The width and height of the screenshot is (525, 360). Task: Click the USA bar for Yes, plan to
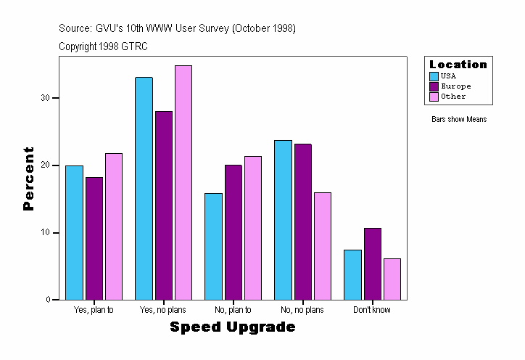(x=74, y=232)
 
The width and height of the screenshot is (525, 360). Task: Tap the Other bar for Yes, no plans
(x=183, y=182)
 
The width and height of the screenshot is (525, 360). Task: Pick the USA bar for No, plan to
(x=213, y=246)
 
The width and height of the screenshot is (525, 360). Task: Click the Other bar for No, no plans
(x=322, y=246)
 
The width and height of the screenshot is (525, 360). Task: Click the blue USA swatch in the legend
(x=434, y=76)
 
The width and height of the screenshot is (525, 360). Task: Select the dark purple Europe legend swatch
(x=434, y=86)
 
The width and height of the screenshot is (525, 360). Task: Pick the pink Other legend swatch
(x=434, y=97)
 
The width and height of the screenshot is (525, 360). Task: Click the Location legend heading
(x=458, y=65)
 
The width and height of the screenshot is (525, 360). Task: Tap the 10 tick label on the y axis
(x=46, y=233)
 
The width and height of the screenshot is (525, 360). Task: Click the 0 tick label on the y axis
(x=49, y=300)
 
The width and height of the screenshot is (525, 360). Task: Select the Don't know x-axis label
(x=372, y=310)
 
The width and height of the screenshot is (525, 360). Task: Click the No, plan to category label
(x=233, y=310)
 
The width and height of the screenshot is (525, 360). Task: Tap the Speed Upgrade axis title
(x=233, y=327)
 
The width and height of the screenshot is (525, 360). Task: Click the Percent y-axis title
(x=29, y=179)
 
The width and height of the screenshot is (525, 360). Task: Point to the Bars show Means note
(x=458, y=119)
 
